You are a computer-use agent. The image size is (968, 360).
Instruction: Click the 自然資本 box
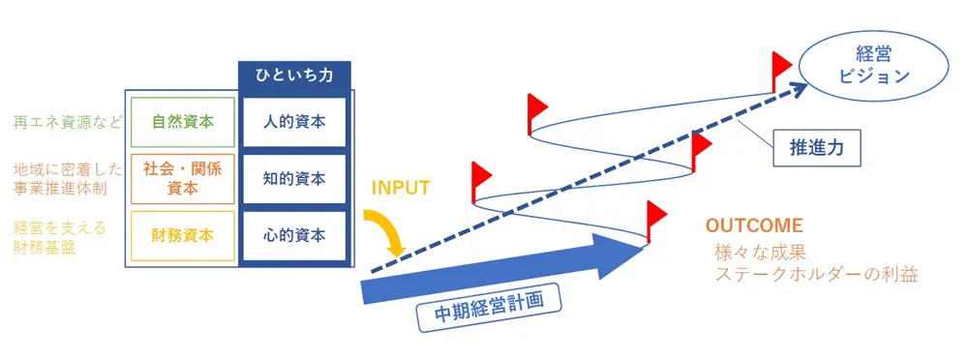(x=182, y=123)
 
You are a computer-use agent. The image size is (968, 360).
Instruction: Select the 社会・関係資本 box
(x=182, y=179)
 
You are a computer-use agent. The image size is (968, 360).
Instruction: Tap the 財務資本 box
(x=182, y=235)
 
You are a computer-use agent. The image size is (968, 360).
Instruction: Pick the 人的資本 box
(x=294, y=123)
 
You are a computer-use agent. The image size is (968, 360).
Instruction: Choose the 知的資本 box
(x=294, y=179)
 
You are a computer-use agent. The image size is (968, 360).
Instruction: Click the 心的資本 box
(x=294, y=235)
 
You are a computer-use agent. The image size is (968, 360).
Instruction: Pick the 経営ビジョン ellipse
(x=860, y=66)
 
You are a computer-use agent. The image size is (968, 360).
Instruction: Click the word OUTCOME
(x=754, y=225)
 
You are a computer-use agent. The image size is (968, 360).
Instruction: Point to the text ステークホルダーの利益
(x=815, y=275)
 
